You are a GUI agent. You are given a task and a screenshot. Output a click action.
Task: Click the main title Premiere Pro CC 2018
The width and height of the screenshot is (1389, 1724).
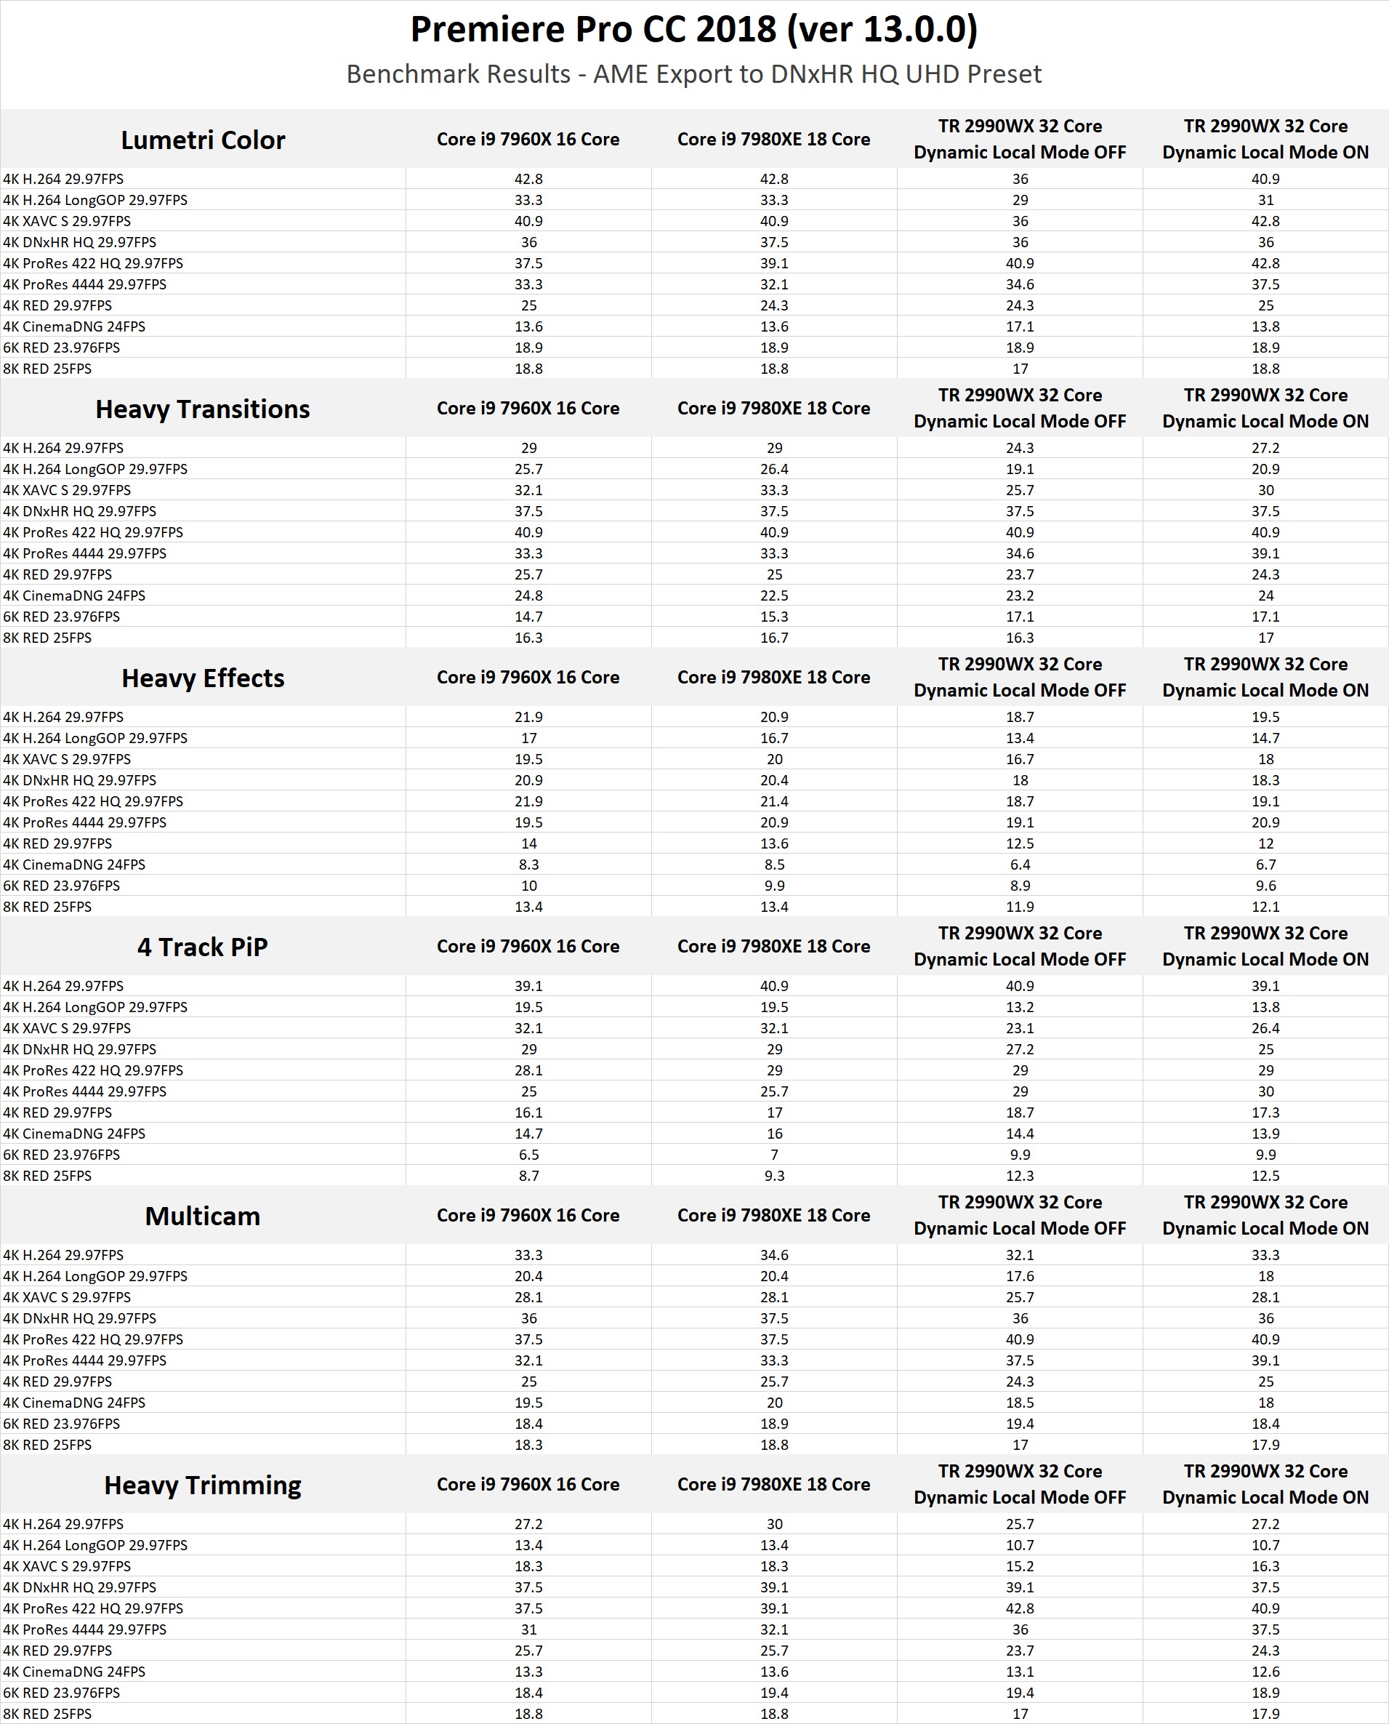pyautogui.click(x=693, y=31)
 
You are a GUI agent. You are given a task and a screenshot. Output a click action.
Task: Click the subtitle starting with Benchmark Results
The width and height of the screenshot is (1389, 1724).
pyautogui.click(x=693, y=74)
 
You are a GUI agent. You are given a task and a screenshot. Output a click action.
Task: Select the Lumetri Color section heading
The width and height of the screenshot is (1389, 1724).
pyautogui.click(x=203, y=140)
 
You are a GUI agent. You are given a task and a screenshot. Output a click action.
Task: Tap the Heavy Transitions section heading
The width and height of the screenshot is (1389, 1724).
pyautogui.click(x=203, y=409)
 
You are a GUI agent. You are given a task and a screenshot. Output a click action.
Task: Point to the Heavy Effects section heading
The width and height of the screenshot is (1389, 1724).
pyautogui.click(x=203, y=678)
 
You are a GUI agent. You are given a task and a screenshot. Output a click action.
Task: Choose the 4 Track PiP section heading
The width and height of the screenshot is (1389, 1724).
pyautogui.click(x=203, y=947)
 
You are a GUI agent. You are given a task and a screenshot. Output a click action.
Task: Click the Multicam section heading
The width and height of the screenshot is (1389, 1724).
pyautogui.click(x=203, y=1216)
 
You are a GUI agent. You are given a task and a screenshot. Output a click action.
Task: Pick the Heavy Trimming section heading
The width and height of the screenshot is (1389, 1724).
pyautogui.click(x=203, y=1485)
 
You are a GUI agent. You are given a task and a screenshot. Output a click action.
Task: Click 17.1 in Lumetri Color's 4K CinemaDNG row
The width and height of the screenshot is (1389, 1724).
pyautogui.click(x=1019, y=326)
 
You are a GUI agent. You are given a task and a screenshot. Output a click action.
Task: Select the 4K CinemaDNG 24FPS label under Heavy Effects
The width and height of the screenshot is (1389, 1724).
pyautogui.click(x=74, y=865)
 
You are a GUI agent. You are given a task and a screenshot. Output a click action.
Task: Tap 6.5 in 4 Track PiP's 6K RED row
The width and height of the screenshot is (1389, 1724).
pyautogui.click(x=528, y=1154)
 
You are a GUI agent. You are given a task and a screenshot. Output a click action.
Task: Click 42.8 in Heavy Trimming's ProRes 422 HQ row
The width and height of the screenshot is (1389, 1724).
pyautogui.click(x=1019, y=1608)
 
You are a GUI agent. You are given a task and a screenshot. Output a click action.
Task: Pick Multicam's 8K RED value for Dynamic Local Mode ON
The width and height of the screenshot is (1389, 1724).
pyautogui.click(x=1265, y=1445)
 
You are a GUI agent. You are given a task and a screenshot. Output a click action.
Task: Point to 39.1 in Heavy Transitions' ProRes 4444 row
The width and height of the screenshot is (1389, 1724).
pyautogui.click(x=1265, y=553)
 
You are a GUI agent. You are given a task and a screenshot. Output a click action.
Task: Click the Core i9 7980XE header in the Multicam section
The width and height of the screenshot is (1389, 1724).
pyautogui.click(x=773, y=1215)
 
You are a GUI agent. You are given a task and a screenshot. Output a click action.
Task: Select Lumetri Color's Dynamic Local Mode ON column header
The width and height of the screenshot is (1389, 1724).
pyautogui.click(x=1265, y=140)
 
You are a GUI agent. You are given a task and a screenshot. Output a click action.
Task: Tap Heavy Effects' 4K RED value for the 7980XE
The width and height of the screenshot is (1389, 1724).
pyautogui.click(x=773, y=843)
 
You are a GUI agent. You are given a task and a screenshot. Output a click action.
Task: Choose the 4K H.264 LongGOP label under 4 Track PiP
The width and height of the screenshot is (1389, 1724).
pyautogui.click(x=95, y=1007)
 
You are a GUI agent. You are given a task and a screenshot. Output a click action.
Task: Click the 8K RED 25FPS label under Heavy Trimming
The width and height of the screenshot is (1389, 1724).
pyautogui.click(x=47, y=1714)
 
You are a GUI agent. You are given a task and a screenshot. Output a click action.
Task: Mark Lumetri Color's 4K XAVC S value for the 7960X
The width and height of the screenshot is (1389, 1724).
pyautogui.click(x=528, y=221)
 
